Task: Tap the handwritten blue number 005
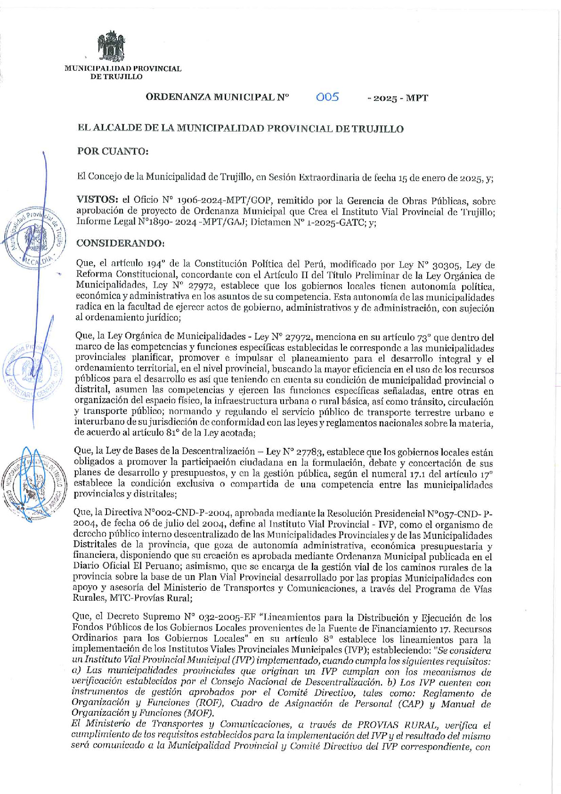point(327,97)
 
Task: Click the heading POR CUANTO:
point(113,151)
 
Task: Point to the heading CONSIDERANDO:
point(121,243)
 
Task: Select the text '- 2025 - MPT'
point(398,98)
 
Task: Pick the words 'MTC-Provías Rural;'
point(151,598)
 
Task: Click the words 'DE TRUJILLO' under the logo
point(116,76)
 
